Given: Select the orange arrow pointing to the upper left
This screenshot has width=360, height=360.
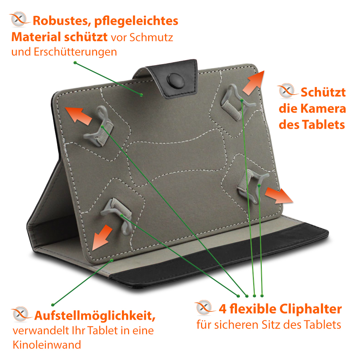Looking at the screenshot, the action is click(x=78, y=116).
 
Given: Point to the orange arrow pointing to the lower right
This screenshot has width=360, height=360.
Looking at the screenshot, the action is click(x=279, y=195).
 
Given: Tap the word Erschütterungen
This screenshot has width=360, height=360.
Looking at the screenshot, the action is click(x=75, y=52).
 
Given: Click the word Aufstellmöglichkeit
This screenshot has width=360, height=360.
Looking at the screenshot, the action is click(x=95, y=316).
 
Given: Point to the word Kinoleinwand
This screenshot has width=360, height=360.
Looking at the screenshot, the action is click(x=47, y=345).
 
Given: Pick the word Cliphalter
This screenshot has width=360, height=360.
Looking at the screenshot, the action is click(x=310, y=309).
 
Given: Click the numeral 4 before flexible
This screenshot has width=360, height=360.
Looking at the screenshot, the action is click(x=223, y=309).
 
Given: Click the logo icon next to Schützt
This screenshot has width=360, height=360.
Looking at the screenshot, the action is click(x=287, y=91).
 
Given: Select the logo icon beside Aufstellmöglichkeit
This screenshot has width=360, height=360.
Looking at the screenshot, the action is click(x=21, y=314).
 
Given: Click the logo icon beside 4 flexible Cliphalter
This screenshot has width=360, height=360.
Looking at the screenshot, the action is click(x=204, y=307).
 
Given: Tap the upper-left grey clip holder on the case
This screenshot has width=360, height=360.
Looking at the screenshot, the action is click(x=99, y=127).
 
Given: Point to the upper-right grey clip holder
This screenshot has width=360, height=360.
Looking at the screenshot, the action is click(x=237, y=102).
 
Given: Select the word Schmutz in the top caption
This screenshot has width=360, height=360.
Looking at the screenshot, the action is click(x=151, y=37).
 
